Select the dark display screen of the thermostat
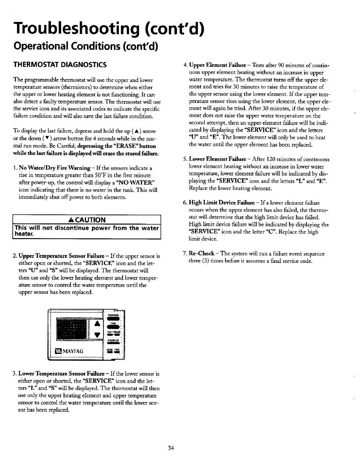pos(72,328)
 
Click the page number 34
pos(171,448)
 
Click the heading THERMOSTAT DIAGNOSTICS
pos(60,65)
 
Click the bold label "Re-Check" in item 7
pos(202,254)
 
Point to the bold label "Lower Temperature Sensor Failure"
pos(62,374)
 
